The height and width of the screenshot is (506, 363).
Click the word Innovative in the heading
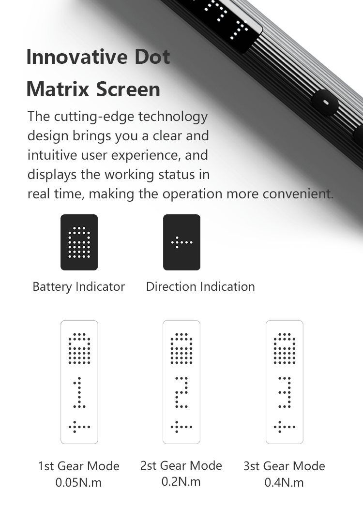click(x=77, y=57)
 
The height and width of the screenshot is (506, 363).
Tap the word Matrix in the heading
click(x=58, y=89)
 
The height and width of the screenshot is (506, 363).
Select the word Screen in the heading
click(x=128, y=89)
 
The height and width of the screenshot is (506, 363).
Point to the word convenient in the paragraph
click(x=298, y=194)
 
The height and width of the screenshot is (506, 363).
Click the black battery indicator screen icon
click(x=79, y=242)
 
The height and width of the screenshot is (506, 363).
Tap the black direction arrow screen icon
click(x=182, y=242)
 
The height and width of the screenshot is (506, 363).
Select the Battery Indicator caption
click(x=79, y=286)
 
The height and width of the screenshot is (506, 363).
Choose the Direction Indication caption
click(x=200, y=286)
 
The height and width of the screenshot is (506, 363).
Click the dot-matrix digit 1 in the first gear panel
click(x=79, y=392)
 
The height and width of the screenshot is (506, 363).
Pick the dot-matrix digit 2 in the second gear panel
click(x=181, y=392)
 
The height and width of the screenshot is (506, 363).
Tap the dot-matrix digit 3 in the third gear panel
click(x=285, y=392)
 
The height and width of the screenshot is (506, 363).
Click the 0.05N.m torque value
click(x=78, y=483)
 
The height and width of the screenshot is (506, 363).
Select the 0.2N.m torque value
click(x=181, y=482)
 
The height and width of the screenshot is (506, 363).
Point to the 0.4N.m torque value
click(x=284, y=483)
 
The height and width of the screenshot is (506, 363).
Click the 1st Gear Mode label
click(x=79, y=466)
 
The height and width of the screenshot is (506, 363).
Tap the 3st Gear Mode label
click(x=284, y=466)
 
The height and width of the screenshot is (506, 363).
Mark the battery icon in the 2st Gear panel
click(x=181, y=348)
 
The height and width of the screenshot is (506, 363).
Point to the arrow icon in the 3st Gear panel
click(x=285, y=427)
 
